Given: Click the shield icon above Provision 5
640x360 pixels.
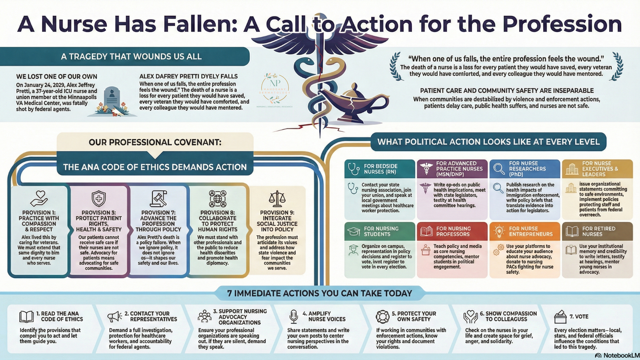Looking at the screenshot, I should tap(99, 199).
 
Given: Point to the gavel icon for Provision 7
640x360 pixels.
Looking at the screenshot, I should tap(158, 199).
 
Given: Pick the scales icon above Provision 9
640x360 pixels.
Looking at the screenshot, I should tap(277, 199).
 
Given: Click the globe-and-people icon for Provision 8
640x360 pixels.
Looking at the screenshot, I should tap(217, 199).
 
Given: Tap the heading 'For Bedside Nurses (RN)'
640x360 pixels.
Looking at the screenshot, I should tap(380, 169).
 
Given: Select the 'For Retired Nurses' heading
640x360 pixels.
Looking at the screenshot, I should tap(598, 231).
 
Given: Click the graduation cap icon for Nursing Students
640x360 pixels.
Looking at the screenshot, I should tap(353, 231).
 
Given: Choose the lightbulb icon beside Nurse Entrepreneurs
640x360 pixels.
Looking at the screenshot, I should tap(499, 231).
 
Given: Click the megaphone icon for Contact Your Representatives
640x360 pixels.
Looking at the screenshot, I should tap(115, 317).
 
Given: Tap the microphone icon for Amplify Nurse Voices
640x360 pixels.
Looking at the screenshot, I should tap(294, 317).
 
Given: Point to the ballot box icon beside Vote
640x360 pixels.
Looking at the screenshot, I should tap(560, 317).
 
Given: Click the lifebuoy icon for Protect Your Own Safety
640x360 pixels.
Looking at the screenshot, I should tap(382, 317).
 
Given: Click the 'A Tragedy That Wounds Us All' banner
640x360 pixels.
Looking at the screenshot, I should tap(131, 56).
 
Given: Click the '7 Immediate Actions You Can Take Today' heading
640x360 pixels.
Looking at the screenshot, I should tap(319, 293).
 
